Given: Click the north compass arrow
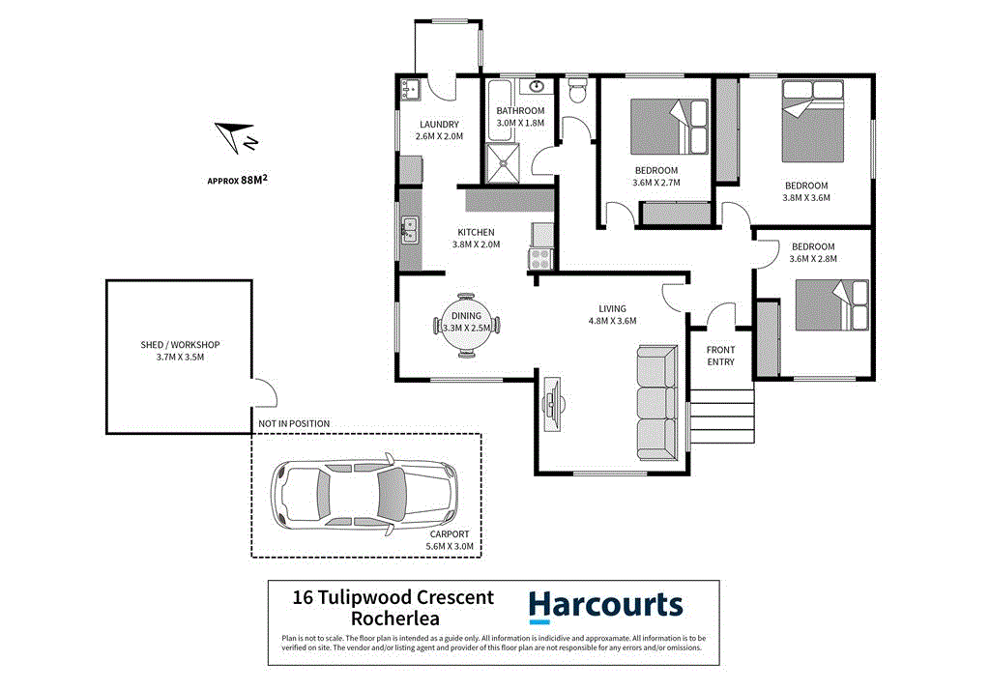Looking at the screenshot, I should click(x=235, y=137).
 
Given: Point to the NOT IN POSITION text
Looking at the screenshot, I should click(x=294, y=423).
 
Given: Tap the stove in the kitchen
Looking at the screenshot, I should click(x=539, y=259).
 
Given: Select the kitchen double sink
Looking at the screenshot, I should click(x=410, y=230).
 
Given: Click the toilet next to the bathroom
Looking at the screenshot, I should click(x=578, y=91).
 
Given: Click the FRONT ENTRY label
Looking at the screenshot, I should click(x=720, y=356).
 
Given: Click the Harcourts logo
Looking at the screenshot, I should click(x=605, y=606).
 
